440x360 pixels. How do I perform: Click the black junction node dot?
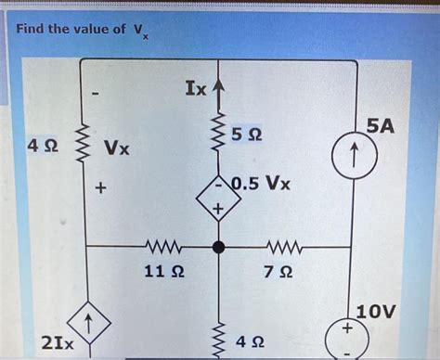pos(219,248)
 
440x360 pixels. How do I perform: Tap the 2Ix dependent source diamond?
pos(86,328)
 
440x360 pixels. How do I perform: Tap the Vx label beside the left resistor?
pos(117,148)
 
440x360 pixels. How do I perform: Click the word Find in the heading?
pos(33,29)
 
